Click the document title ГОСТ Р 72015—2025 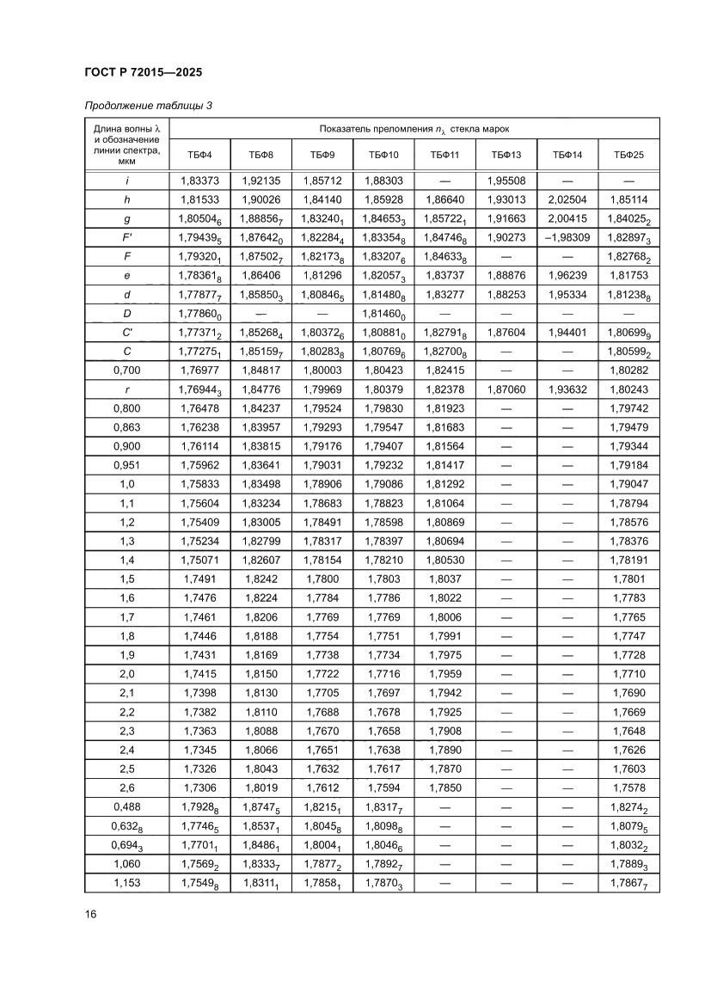[144, 73]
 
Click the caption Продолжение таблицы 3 [148, 106]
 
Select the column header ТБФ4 [199, 155]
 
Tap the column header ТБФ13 [506, 155]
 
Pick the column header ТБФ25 [628, 155]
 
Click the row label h [127, 199]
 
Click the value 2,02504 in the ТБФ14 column [567, 199]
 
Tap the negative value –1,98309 [567, 237]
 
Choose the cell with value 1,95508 [506, 181]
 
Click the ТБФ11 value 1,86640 [444, 199]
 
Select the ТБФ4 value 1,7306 [199, 787]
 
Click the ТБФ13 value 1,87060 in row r [506, 389]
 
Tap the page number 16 [90, 914]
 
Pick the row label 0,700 [127, 370]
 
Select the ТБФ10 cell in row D [383, 313]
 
